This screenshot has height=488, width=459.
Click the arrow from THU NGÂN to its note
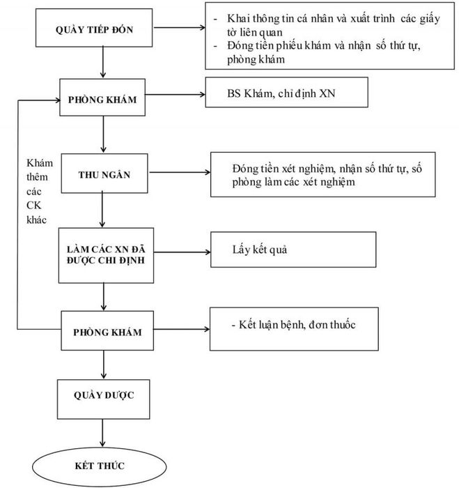click(180, 172)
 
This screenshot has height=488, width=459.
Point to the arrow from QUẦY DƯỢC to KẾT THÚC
click(102, 433)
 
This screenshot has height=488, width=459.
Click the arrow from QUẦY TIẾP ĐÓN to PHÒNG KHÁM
click(103, 62)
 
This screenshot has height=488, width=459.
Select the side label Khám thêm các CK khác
click(39, 192)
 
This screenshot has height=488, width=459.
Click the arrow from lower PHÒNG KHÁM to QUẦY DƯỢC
click(104, 365)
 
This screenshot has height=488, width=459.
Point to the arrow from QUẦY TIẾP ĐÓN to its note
click(180, 27)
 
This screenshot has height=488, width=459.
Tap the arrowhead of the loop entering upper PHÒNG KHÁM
click(58, 100)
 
